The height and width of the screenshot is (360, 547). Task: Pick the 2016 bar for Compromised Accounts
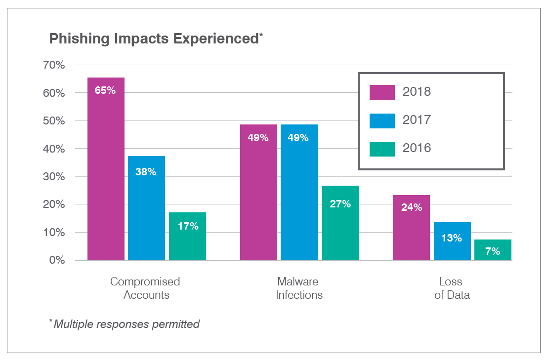point(187,242)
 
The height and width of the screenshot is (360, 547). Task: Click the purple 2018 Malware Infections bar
point(258,198)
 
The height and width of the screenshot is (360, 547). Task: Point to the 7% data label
point(492,251)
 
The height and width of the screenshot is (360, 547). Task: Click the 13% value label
point(452,238)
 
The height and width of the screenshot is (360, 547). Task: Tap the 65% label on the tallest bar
point(105,90)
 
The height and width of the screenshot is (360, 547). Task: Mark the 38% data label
point(146,172)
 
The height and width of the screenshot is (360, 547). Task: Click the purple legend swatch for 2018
point(382,92)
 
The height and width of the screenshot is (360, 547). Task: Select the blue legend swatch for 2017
point(382,120)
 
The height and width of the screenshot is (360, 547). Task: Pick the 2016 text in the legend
point(417,148)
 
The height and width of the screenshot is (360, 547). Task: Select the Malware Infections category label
point(299,288)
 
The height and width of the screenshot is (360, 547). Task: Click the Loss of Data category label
point(451,288)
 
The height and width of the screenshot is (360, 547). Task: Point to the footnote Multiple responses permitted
point(126,324)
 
